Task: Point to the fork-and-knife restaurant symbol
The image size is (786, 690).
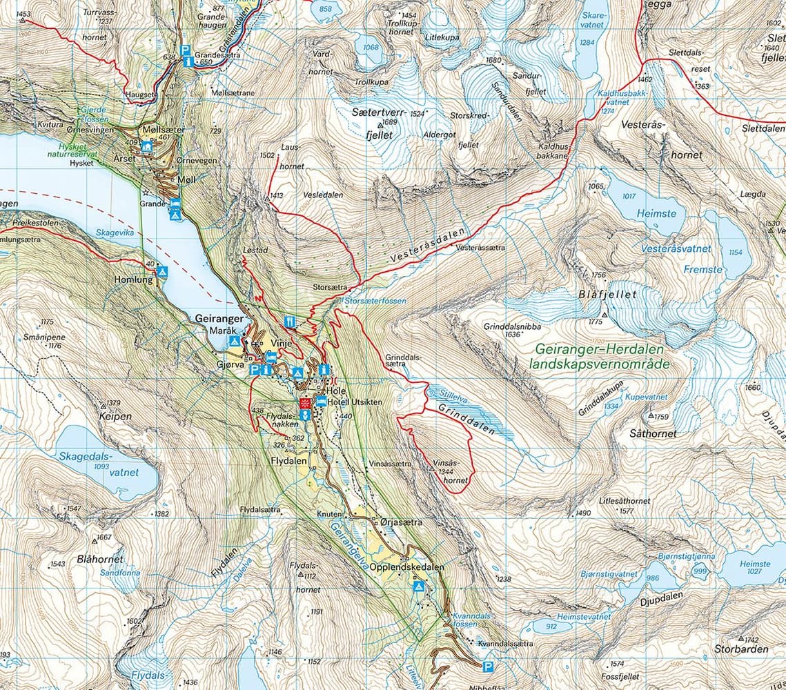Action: pos(291,321)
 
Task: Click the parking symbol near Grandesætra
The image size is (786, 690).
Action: pos(185,50)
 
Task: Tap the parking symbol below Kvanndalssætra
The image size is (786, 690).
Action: pos(489,667)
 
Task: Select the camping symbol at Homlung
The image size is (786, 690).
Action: pos(162,273)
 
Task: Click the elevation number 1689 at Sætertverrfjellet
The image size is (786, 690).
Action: pos(391,123)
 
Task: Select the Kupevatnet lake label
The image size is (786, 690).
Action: pos(646,397)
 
